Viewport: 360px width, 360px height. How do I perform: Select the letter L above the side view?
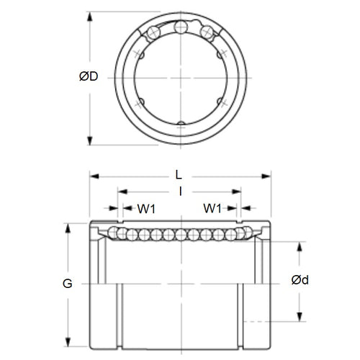pos(179,174)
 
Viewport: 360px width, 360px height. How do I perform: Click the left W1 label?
pos(148,209)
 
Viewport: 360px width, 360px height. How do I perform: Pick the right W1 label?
pos(212,209)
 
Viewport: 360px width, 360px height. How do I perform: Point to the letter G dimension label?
pos(68,284)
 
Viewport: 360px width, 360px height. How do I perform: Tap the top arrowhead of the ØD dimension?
pos(89,15)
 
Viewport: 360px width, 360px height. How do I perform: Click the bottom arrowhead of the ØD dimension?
pos(89,140)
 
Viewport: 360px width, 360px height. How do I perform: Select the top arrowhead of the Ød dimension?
pos(301,245)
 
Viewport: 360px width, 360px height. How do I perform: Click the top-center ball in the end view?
pos(180,28)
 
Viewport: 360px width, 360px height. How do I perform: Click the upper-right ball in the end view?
pos(207,32)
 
